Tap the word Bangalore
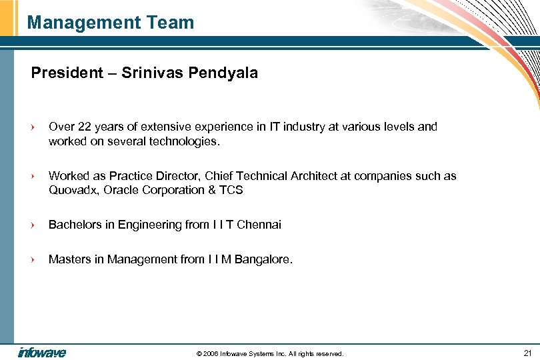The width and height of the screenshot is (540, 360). coord(263,259)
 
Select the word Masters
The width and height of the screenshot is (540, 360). coord(69,259)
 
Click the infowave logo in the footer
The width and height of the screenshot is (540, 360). coord(42,353)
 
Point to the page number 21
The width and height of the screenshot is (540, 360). coord(527,353)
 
